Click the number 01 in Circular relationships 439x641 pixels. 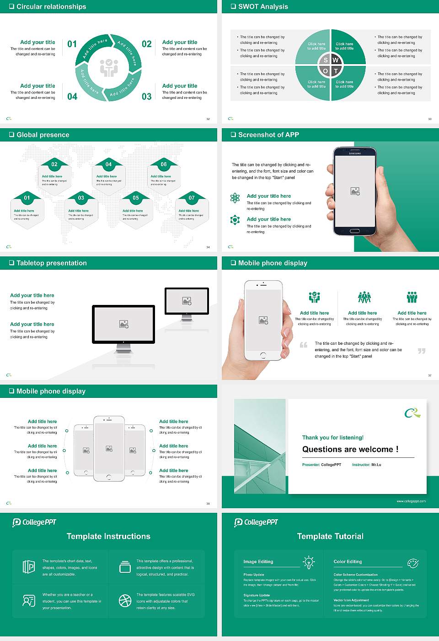72,44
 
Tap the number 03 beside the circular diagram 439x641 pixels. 146,97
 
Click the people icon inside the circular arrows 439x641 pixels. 109,68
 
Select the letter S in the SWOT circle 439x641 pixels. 326,60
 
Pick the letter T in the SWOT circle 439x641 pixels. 336,71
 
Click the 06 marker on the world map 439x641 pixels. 164,164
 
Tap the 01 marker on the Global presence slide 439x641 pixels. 27,198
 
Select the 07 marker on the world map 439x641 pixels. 192,198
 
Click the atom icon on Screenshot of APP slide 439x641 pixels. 235,198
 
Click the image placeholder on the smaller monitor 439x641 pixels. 187,301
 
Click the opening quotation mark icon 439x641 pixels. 304,345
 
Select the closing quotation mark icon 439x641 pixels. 422,351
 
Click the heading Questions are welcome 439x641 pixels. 350,449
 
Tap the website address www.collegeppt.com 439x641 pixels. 411,501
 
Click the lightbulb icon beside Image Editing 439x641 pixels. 309,562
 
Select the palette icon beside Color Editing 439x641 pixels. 413,563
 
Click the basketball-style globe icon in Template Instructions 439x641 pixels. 125,601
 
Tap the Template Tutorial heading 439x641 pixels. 330,536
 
